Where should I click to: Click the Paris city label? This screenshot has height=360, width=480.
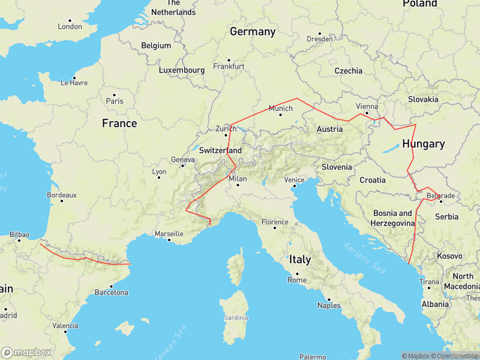[114, 101]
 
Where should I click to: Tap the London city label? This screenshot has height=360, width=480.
[70, 26]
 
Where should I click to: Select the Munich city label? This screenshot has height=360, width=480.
[280, 109]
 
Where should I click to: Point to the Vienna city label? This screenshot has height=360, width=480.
[367, 106]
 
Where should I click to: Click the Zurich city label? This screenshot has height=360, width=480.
[226, 128]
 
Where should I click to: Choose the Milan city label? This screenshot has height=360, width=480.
[238, 178]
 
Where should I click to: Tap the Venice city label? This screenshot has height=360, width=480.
[294, 179]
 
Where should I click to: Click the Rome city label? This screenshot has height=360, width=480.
[297, 280]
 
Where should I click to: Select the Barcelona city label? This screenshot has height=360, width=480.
[111, 293]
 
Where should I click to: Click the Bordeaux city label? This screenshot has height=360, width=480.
[62, 195]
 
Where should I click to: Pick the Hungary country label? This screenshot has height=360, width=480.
[423, 144]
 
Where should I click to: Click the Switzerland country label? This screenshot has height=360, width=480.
[220, 150]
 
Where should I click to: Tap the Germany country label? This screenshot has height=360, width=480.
[253, 32]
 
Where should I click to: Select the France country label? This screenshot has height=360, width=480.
[119, 124]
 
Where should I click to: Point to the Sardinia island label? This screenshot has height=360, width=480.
[235, 317]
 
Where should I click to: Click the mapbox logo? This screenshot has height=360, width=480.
[26, 352]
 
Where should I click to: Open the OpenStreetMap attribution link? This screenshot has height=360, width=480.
[453, 356]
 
